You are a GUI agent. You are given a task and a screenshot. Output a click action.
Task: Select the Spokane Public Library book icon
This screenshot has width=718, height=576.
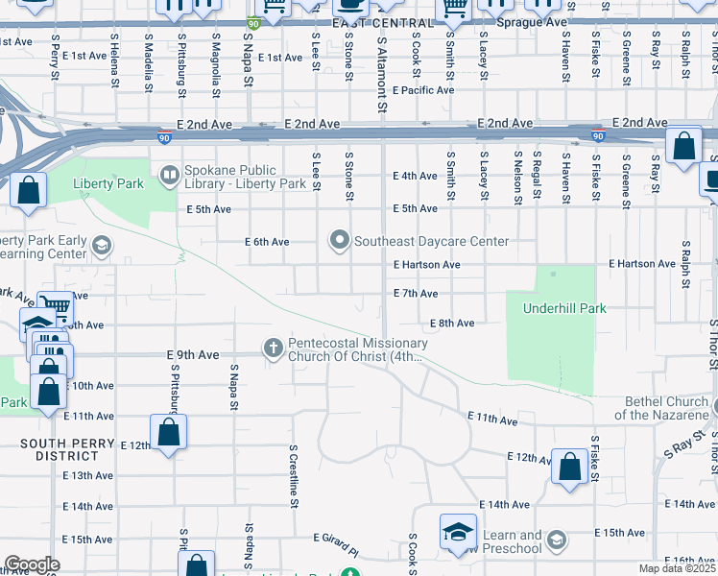pyautogui.click(x=169, y=175)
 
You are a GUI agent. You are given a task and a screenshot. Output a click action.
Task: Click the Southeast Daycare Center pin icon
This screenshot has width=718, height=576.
pyautogui.click(x=338, y=240)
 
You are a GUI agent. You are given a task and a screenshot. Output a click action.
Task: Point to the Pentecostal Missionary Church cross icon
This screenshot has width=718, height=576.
pyautogui.click(x=274, y=347)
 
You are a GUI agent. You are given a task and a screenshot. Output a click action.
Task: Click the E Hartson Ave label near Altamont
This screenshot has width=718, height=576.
pyautogui.click(x=426, y=264)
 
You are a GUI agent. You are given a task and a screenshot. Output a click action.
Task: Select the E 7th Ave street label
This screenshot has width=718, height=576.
pyautogui.click(x=415, y=293)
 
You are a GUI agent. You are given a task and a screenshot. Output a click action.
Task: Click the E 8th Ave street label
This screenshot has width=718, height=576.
pyautogui.click(x=452, y=324)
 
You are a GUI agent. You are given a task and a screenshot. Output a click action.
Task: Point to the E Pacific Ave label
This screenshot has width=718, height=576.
pyautogui.click(x=422, y=90)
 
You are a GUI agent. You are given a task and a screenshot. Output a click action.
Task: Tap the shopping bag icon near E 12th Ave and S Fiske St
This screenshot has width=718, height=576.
pyautogui.click(x=570, y=467)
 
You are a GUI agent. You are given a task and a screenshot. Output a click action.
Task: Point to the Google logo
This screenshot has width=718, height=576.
pyautogui.click(x=31, y=564)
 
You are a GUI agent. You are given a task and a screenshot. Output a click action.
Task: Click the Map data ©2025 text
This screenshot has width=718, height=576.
pyautogui.click(x=678, y=568)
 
